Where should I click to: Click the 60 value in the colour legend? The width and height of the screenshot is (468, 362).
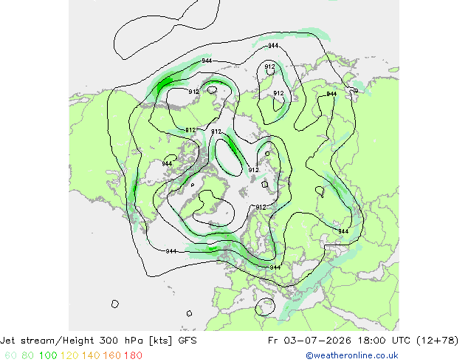pos(10,355)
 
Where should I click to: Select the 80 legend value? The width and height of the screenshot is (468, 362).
pos(28,355)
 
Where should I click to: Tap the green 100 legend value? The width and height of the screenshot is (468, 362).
pos(48,355)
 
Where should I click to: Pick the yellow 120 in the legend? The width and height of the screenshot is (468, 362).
pos(69,355)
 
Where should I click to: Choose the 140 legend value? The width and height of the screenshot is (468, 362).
pos(91,355)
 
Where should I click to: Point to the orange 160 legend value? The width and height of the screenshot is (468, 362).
pos(112,355)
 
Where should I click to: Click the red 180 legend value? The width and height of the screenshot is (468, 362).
pos(133,355)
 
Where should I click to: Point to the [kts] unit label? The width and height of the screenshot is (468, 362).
pos(161,341)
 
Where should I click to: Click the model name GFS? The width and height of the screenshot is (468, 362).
pos(187,340)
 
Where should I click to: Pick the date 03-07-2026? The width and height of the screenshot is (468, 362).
pos(317,340)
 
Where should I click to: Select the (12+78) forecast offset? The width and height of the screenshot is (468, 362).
pos(437,341)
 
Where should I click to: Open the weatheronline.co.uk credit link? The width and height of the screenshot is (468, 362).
pos(352,355)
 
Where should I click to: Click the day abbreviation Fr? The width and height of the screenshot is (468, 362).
pos(273,340)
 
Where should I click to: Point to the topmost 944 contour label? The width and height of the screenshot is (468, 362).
pos(273,45)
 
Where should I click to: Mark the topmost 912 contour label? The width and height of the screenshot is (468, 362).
pos(270,66)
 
